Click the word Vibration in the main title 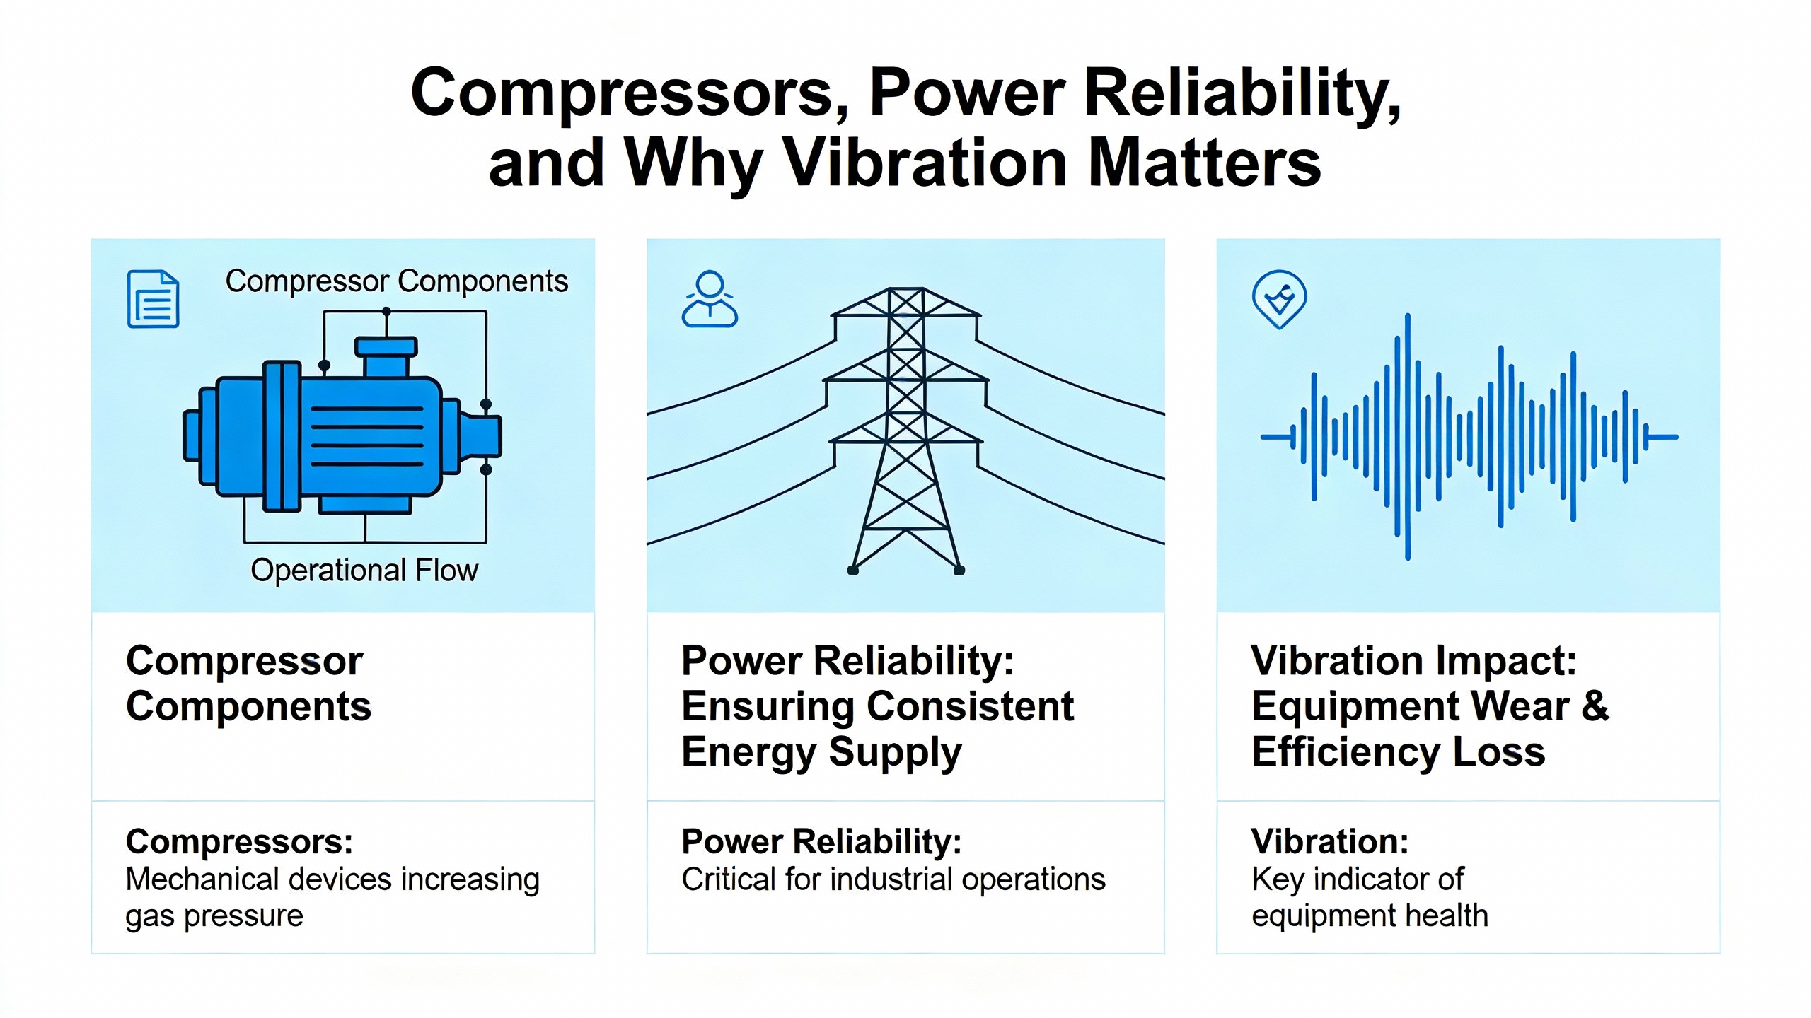[926, 163]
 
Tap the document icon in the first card [153, 298]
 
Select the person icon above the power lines [710, 298]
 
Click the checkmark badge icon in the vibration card [1279, 299]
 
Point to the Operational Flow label [364, 570]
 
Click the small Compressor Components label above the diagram [396, 281]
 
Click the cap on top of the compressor [386, 346]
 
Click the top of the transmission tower [905, 289]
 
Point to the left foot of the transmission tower [853, 570]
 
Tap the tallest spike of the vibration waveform [1408, 436]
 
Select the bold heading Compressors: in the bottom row [239, 841]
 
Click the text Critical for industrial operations [893, 879]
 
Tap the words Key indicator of [1357, 879]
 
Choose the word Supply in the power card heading [895, 752]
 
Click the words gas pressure [214, 916]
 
